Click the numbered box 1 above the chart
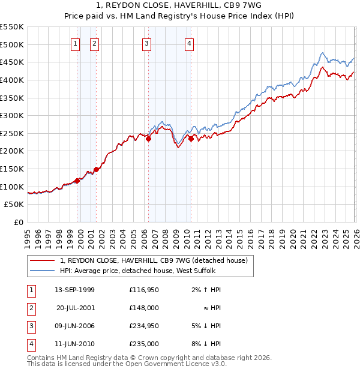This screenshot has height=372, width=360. click(76, 43)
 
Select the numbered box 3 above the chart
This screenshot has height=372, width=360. click(146, 43)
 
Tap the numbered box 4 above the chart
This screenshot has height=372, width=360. click(189, 43)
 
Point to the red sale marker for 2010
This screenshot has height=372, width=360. click(191, 139)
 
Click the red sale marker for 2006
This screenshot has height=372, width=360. click(148, 139)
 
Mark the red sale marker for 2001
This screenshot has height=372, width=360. click(96, 169)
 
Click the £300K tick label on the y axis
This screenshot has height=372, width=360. click(12, 115)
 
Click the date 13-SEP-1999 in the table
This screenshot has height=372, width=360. click(74, 290)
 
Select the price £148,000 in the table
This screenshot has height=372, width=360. click(143, 308)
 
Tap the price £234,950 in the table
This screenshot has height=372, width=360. click(143, 326)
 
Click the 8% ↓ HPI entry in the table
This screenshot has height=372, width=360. click(206, 344)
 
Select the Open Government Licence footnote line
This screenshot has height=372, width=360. click(127, 364)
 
